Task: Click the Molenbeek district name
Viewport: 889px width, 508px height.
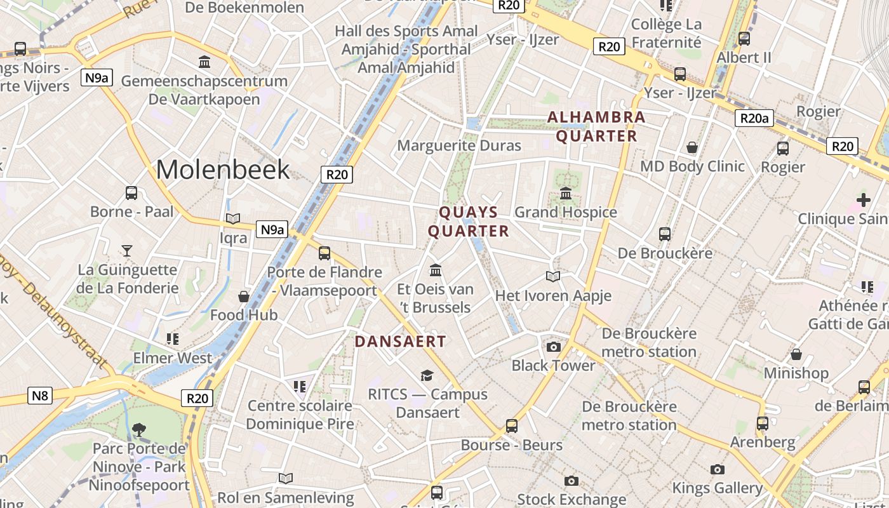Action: pyautogui.click(x=223, y=170)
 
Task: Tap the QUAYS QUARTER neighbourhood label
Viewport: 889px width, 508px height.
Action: pyautogui.click(x=469, y=221)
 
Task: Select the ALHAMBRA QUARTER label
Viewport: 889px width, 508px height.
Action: pyautogui.click(x=596, y=126)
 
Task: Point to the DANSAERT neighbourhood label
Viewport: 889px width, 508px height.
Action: pyautogui.click(x=400, y=341)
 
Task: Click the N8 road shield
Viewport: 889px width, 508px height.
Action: pyautogui.click(x=40, y=396)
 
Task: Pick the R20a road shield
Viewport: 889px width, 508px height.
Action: pyautogui.click(x=754, y=117)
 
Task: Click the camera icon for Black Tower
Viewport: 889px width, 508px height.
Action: pyautogui.click(x=554, y=347)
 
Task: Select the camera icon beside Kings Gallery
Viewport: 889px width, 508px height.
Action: pyautogui.click(x=718, y=469)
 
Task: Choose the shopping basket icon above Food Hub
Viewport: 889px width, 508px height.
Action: pyautogui.click(x=244, y=297)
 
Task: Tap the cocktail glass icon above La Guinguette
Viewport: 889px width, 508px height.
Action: pyautogui.click(x=127, y=250)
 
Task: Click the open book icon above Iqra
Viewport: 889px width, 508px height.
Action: pyautogui.click(x=233, y=218)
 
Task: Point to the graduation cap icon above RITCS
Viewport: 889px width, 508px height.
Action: pyautogui.click(x=427, y=375)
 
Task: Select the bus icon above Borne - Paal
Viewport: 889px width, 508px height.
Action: pyautogui.click(x=131, y=193)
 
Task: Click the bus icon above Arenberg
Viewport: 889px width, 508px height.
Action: pyautogui.click(x=762, y=423)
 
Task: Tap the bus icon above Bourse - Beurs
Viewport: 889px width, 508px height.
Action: pyautogui.click(x=512, y=425)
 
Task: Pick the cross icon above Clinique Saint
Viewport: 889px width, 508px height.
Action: pyautogui.click(x=863, y=200)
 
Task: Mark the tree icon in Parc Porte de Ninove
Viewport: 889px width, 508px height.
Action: pyautogui.click(x=138, y=430)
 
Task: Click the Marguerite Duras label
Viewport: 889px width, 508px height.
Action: pyautogui.click(x=459, y=145)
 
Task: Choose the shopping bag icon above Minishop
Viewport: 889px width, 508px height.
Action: pyautogui.click(x=796, y=354)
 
